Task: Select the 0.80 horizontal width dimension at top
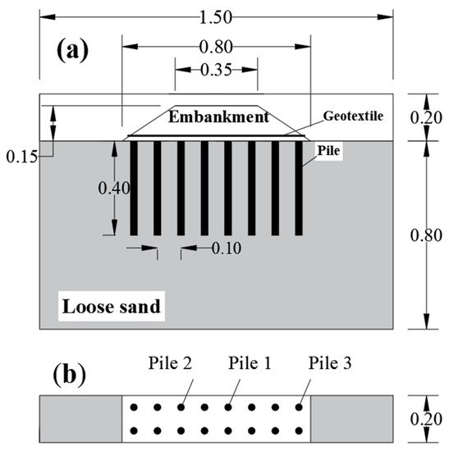pos(217,46)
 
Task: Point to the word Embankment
pos(218,117)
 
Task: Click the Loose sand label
pos(109,307)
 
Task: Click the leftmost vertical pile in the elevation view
pos(133,188)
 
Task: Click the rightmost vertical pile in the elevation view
pos(299,188)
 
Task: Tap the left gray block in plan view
pos(80,417)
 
